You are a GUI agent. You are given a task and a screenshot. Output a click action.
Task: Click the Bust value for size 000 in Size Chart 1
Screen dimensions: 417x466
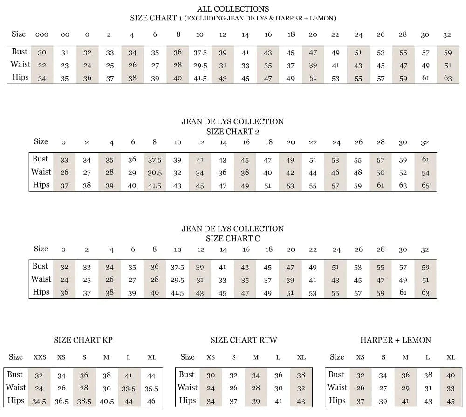coord(42,53)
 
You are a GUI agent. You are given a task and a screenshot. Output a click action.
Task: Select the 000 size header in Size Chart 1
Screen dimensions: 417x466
coord(42,35)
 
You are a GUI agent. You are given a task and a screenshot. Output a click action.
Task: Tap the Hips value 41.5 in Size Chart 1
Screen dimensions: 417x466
coord(200,79)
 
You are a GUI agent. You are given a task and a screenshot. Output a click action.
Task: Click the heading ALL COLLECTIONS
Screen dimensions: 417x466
coord(233,9)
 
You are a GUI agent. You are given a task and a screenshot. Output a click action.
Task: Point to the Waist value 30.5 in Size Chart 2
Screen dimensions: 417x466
coord(155,173)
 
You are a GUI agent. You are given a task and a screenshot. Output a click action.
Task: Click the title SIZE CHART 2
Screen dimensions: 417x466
coord(233,131)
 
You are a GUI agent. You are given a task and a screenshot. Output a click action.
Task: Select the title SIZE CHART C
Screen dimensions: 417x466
coord(233,238)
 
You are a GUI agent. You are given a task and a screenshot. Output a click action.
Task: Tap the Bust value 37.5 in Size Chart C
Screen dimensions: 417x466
coord(177,267)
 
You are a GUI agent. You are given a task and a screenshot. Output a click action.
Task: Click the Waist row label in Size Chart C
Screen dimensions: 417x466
coord(41,279)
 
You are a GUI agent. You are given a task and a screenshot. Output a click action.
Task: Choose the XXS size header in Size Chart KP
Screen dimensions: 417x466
coord(40,358)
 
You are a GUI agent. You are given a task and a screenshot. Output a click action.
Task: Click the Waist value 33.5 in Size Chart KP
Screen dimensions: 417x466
coord(129,389)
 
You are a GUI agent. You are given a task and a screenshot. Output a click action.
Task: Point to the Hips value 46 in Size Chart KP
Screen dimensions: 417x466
coord(151,402)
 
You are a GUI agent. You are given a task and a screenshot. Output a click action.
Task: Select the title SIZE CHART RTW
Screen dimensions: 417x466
coord(244,340)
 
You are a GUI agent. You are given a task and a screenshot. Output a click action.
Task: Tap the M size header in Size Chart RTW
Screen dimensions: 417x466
coord(255,358)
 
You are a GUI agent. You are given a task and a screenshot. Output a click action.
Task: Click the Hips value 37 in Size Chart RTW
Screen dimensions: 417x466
coord(233,402)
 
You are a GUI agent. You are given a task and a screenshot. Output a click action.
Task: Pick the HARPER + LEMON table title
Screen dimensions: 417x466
coord(396,340)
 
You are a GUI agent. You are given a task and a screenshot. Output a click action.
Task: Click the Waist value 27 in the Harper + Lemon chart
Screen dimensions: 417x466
coord(383,389)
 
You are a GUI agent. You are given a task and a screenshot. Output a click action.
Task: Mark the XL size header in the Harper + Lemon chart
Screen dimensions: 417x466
coord(451,358)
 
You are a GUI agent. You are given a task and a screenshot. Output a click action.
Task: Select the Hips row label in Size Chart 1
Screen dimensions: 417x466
coord(21,78)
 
